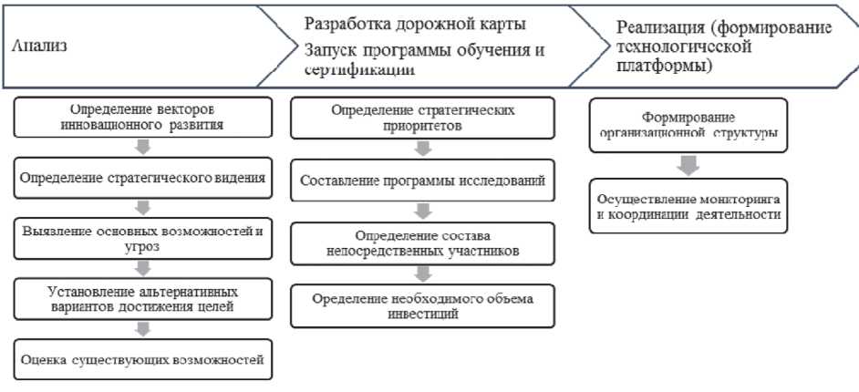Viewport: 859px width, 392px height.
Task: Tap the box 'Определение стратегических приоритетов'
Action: pyautogui.click(x=422, y=117)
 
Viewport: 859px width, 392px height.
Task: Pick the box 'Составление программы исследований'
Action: pyautogui.click(x=422, y=181)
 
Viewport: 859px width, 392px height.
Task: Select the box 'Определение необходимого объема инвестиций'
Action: pyautogui.click(x=422, y=306)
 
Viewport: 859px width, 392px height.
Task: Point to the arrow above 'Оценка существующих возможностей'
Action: pyautogui.click(x=141, y=329)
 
